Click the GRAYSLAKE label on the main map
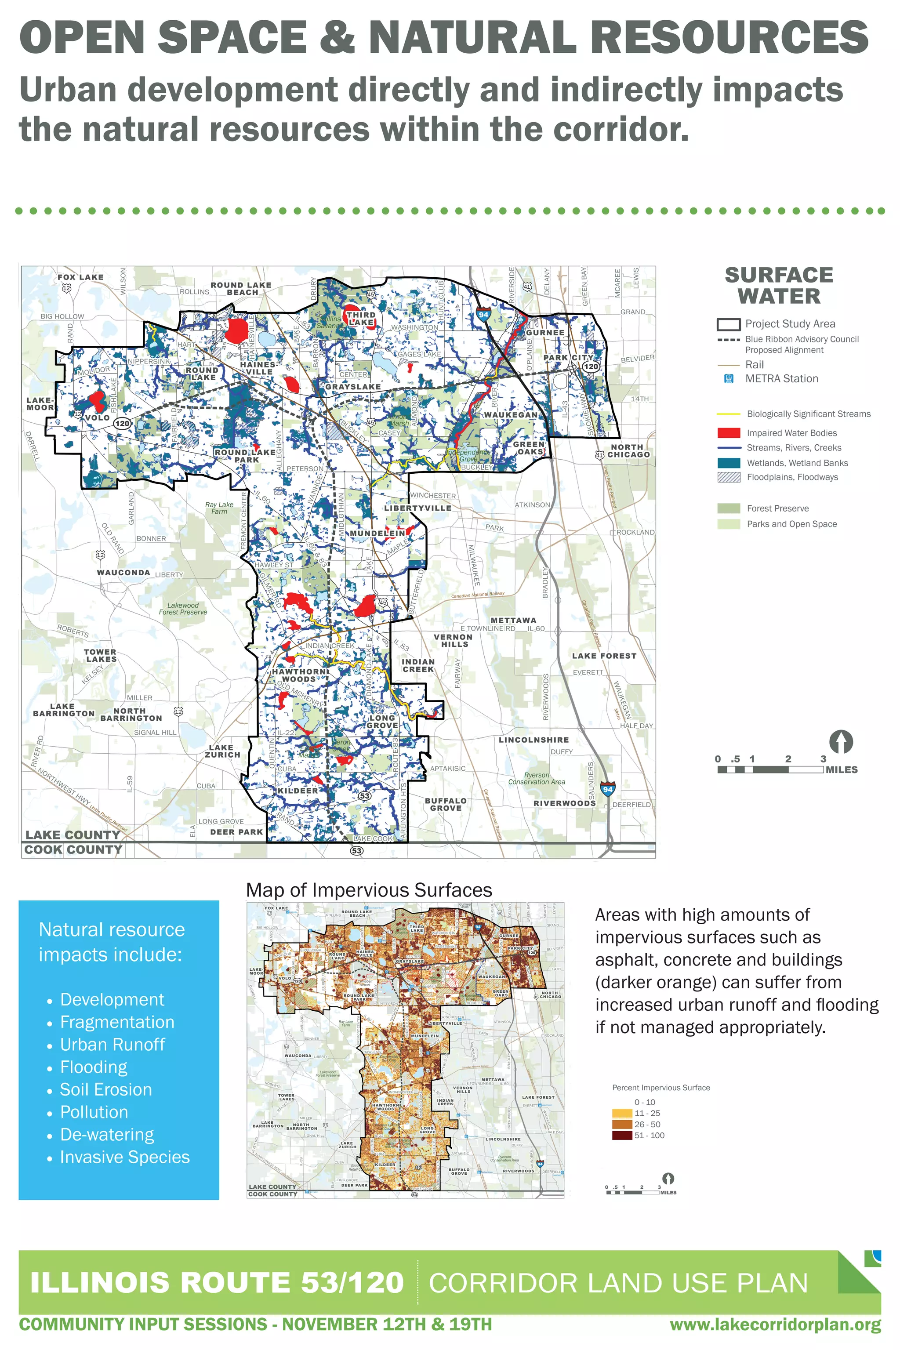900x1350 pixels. [x=352, y=387]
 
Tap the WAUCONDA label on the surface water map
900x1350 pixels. [x=123, y=572]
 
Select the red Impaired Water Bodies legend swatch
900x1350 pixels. [x=728, y=433]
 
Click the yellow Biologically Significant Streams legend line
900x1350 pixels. [x=728, y=414]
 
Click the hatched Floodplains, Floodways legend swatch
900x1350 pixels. [x=728, y=477]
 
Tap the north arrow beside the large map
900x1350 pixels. [x=841, y=742]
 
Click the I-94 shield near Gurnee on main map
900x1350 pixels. [x=483, y=315]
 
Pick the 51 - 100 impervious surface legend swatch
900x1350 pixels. [x=622, y=1136]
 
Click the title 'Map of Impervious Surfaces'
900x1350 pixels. [x=369, y=890]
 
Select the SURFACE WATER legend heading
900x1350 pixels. [x=779, y=285]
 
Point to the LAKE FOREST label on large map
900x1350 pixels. [x=604, y=656]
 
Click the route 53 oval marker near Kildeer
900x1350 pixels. [x=364, y=796]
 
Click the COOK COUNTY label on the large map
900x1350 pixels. [x=73, y=849]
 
